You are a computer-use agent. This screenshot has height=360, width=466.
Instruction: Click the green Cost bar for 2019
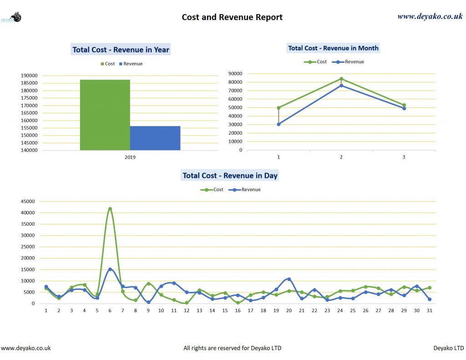click(x=105, y=115)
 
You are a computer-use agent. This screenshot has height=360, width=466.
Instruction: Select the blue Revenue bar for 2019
click(x=155, y=138)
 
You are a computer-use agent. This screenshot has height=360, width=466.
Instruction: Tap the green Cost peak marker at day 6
click(x=110, y=209)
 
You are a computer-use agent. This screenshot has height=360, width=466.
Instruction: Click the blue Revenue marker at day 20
click(x=289, y=279)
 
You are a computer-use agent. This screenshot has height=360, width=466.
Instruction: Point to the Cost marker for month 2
click(x=341, y=79)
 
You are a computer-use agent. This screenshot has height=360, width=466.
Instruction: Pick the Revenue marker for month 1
click(x=279, y=124)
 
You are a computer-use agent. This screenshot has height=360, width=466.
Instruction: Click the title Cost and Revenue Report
click(x=232, y=17)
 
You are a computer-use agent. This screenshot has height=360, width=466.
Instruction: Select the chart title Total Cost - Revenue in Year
click(x=121, y=50)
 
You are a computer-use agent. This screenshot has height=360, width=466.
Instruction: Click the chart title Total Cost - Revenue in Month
click(x=333, y=48)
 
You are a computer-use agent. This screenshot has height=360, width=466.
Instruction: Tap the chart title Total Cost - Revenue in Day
click(x=230, y=175)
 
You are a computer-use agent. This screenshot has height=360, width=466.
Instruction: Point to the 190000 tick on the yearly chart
click(x=29, y=76)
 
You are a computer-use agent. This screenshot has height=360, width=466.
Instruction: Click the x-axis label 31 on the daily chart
click(x=429, y=310)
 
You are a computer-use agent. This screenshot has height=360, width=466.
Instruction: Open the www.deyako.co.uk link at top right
click(x=430, y=16)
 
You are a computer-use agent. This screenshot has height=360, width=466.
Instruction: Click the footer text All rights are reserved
click(x=232, y=348)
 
